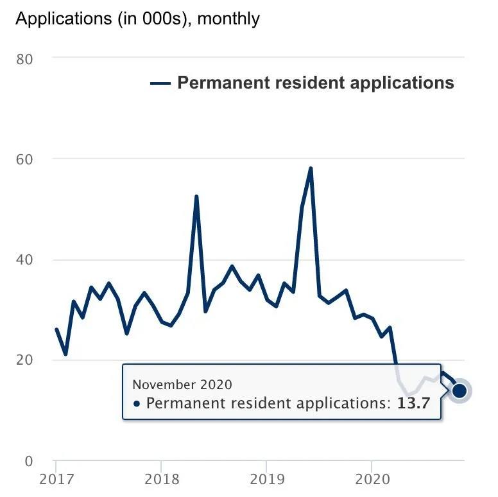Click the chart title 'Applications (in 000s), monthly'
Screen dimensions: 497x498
pos(137,19)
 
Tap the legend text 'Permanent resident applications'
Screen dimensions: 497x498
pos(315,83)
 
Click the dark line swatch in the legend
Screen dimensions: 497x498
pos(160,83)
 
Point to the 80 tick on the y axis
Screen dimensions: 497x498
pos(24,59)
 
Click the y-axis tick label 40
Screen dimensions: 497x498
pos(24,260)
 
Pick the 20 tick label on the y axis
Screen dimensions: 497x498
pos(24,360)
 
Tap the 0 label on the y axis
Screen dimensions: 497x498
pos(28,461)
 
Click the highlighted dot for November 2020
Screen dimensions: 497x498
pos(459,390)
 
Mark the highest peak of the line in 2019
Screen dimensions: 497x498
pos(311,168)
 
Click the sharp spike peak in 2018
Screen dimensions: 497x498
pos(196,196)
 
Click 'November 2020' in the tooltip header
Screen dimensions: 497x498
pos(182,384)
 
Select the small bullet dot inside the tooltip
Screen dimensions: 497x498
pos(137,404)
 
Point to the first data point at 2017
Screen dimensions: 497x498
pos(56,329)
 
